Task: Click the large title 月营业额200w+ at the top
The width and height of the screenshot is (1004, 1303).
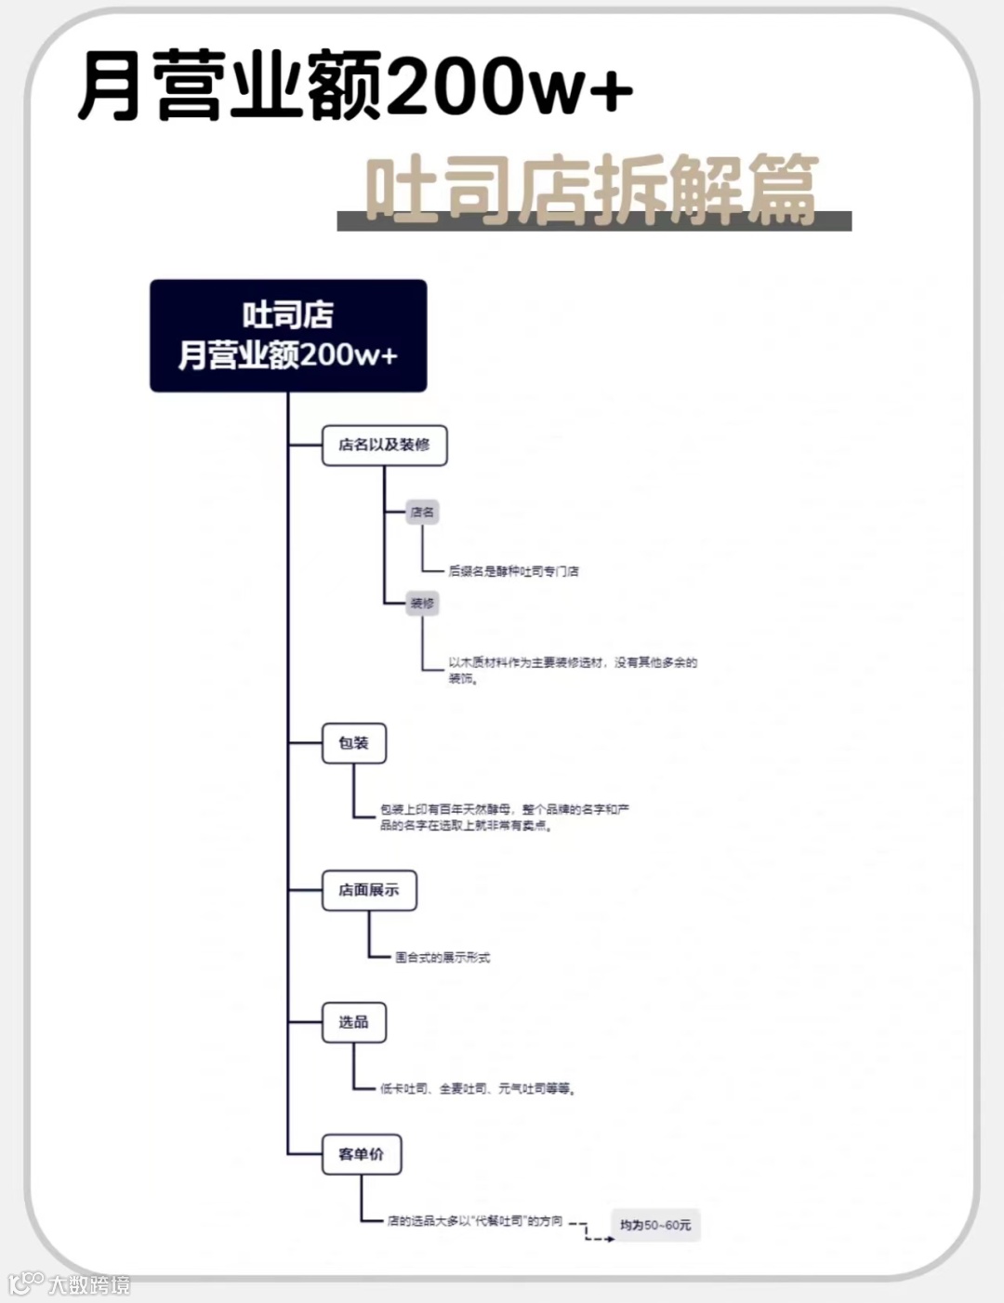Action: [353, 86]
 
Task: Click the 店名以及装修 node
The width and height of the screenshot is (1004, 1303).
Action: [384, 445]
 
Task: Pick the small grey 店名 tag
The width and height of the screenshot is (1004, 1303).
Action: [422, 512]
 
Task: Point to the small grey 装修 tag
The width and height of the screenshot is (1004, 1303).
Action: [422, 604]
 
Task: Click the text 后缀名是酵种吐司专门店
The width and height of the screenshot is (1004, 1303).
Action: [513, 571]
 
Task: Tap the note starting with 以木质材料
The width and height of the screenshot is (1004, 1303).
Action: [572, 670]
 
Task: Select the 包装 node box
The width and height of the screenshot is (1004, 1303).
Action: [353, 743]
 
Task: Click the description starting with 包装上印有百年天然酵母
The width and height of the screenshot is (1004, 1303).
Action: [505, 818]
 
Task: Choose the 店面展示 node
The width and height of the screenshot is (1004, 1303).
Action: [369, 890]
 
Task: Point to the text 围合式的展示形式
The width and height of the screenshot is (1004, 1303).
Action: [443, 957]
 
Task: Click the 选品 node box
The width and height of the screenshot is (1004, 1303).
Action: [353, 1022]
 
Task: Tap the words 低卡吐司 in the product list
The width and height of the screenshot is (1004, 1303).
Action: [404, 1088]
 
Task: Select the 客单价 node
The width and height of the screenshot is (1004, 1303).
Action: [361, 1154]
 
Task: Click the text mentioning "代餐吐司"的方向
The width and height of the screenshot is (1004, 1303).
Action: [475, 1221]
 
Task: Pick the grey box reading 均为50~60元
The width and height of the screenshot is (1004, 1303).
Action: [655, 1225]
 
